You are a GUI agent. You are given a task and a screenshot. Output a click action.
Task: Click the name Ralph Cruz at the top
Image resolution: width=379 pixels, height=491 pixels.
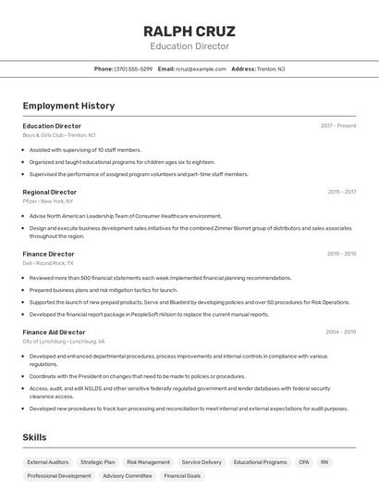tap(189, 31)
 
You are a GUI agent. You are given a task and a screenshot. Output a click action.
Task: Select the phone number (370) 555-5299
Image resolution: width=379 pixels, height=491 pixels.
tap(133, 69)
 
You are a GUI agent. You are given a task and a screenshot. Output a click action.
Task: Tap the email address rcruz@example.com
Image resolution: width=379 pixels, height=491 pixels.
tap(201, 69)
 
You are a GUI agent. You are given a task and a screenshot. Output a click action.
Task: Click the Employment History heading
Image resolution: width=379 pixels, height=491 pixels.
tap(68, 106)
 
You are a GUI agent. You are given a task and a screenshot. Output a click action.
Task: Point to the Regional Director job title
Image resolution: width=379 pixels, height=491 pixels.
tap(50, 192)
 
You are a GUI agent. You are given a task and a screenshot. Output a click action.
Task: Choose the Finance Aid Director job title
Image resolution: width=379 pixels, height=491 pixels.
tap(54, 332)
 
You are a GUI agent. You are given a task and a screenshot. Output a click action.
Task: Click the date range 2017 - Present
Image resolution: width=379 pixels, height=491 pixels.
tap(338, 126)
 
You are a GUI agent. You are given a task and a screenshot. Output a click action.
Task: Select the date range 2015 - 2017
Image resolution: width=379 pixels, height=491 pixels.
tap(342, 192)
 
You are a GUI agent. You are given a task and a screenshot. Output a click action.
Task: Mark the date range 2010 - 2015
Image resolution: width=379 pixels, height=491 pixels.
tap(342, 254)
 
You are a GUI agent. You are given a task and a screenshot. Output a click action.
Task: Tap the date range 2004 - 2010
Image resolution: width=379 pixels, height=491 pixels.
tap(341, 332)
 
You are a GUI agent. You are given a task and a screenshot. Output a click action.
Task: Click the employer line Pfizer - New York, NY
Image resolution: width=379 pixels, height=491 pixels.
tap(48, 201)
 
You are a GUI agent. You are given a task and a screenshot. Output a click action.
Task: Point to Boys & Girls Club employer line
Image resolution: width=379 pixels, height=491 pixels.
tap(59, 135)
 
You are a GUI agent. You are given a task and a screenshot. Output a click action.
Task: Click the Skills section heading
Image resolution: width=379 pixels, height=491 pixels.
tap(35, 437)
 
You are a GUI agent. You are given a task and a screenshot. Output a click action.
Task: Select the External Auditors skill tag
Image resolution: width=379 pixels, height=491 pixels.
tap(47, 461)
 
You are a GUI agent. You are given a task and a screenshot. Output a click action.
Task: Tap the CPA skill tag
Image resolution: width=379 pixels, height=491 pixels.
tap(304, 461)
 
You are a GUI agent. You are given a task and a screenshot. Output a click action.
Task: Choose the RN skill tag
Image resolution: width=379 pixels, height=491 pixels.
tap(324, 461)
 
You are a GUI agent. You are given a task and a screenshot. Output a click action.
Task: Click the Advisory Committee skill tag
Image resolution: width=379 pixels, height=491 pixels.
tap(128, 476)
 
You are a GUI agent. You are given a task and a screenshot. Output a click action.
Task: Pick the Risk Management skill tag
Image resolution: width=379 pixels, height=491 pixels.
tap(148, 461)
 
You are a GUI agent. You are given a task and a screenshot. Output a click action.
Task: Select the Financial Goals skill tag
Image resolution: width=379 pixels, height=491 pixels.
tap(182, 476)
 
